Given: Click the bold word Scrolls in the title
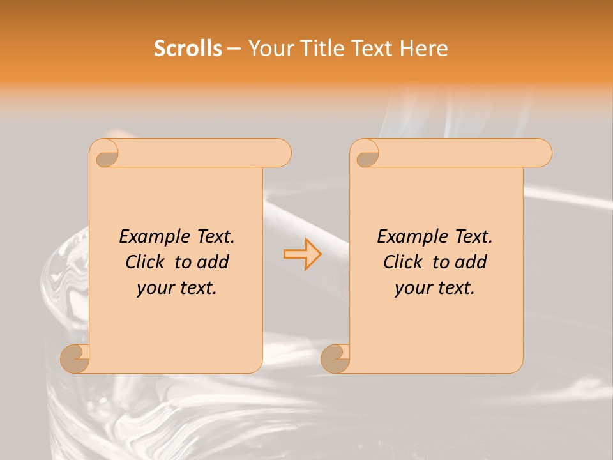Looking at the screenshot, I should (x=188, y=49).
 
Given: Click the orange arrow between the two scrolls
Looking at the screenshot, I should (x=303, y=254).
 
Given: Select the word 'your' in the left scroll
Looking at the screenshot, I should (x=155, y=288).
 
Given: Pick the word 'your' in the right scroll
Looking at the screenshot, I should (x=413, y=288).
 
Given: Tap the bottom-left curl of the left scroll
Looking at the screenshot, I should (x=75, y=358).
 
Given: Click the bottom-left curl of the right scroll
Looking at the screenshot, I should (x=335, y=358).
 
